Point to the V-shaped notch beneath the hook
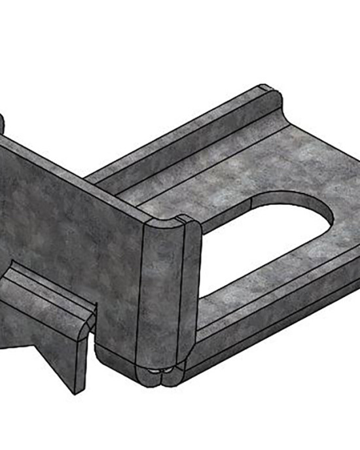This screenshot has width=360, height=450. [33, 340]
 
